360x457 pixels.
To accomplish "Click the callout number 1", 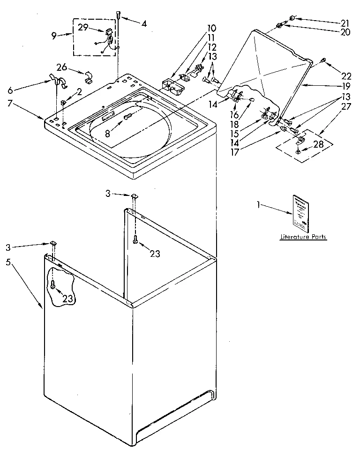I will (x=258, y=204).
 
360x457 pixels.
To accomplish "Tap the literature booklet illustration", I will (x=300, y=214).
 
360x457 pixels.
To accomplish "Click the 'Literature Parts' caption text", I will (x=303, y=237).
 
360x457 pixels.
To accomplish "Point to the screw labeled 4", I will (x=119, y=15).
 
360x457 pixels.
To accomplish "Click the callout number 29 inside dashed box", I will (x=83, y=28).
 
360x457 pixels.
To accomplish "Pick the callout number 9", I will (x=54, y=35).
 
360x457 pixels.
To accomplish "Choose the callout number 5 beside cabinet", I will (x=8, y=262).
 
